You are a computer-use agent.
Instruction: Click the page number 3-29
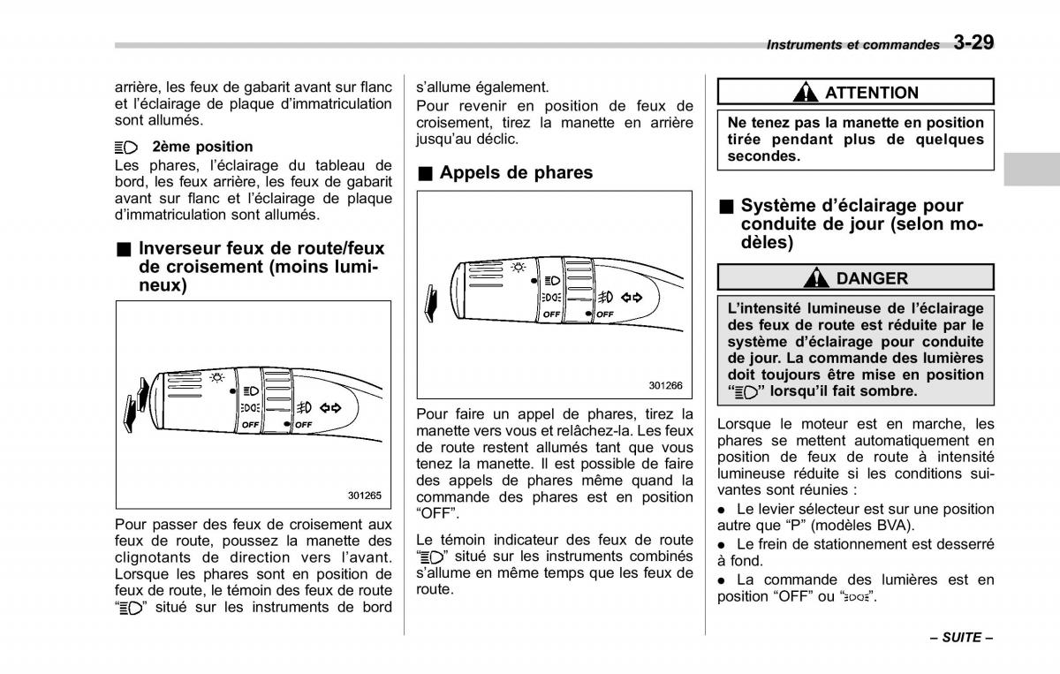(973, 42)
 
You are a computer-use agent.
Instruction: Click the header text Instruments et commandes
(852, 44)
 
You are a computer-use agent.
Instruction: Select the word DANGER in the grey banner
(872, 278)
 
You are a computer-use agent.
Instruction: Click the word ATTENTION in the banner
(872, 93)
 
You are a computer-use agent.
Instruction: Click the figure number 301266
(665, 385)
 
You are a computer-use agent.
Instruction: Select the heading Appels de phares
(516, 173)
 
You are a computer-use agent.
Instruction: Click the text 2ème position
(202, 147)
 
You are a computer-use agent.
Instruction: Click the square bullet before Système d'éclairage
(725, 206)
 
